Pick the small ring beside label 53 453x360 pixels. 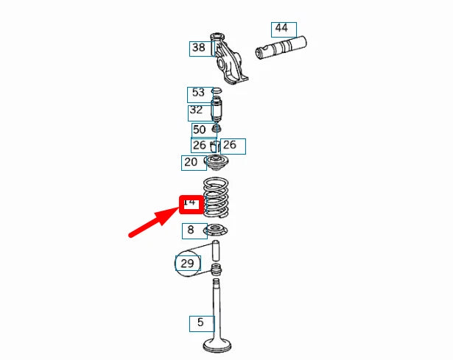(x=217, y=91)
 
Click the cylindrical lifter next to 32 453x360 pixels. (x=217, y=111)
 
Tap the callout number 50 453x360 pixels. (x=199, y=130)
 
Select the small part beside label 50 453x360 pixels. (x=217, y=130)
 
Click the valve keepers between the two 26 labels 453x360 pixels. (x=216, y=146)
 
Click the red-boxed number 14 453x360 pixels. (x=190, y=202)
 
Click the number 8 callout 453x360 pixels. (x=192, y=230)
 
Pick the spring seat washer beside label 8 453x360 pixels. (x=217, y=231)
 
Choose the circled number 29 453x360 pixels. (x=187, y=263)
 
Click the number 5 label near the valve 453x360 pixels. (x=200, y=322)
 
